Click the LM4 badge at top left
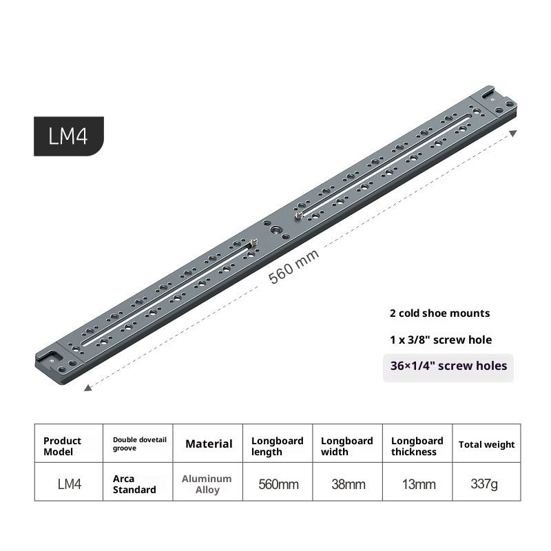point(68,136)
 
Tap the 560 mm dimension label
point(294,267)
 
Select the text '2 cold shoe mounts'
point(439,313)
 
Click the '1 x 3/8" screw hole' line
point(441,340)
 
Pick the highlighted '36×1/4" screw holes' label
point(448,366)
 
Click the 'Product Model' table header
point(62,446)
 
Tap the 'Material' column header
point(209,444)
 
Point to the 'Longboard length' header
point(277,446)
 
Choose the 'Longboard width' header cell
point(347,446)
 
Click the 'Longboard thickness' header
point(417,446)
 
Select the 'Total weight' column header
point(486,445)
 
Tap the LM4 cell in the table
point(69,484)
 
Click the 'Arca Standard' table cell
point(134,484)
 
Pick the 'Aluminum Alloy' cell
point(207,484)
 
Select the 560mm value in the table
point(278,484)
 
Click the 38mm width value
point(348,484)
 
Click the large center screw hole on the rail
point(276,231)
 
